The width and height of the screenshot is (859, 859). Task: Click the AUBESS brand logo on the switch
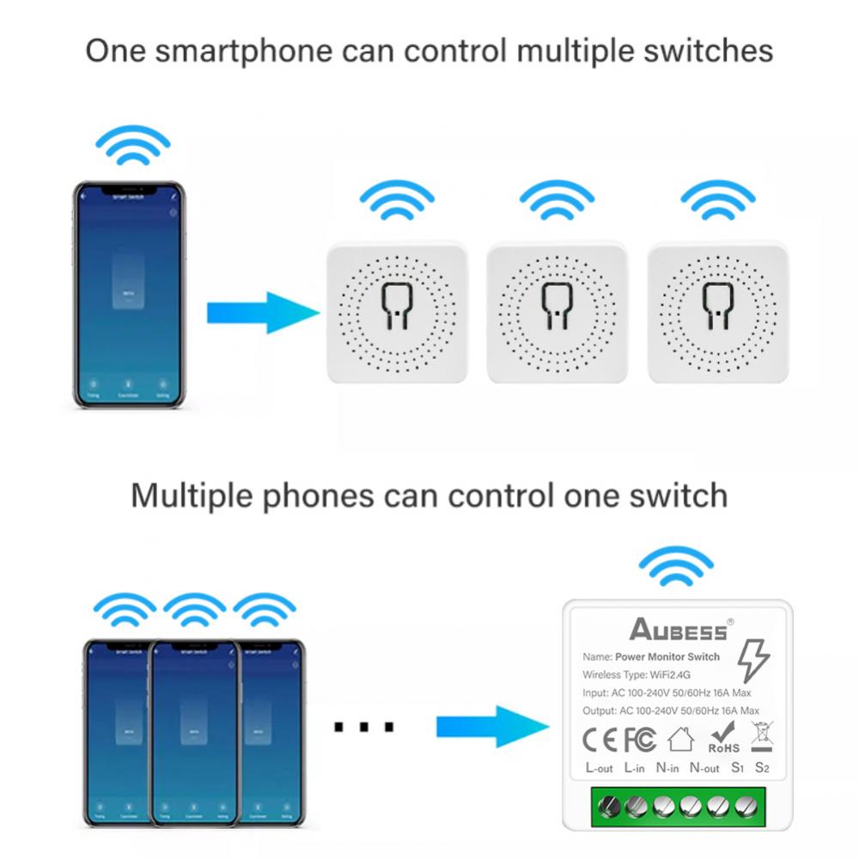(x=679, y=630)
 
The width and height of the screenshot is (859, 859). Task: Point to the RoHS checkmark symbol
(x=723, y=737)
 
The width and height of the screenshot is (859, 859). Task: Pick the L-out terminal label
(x=599, y=768)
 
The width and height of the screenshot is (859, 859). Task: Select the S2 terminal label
(x=762, y=767)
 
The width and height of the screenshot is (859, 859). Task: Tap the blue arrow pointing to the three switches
(x=263, y=313)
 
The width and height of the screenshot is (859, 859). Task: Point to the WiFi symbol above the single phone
(x=132, y=146)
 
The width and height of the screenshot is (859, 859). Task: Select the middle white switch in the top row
(x=557, y=312)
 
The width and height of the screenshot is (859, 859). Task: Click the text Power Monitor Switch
(x=667, y=657)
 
